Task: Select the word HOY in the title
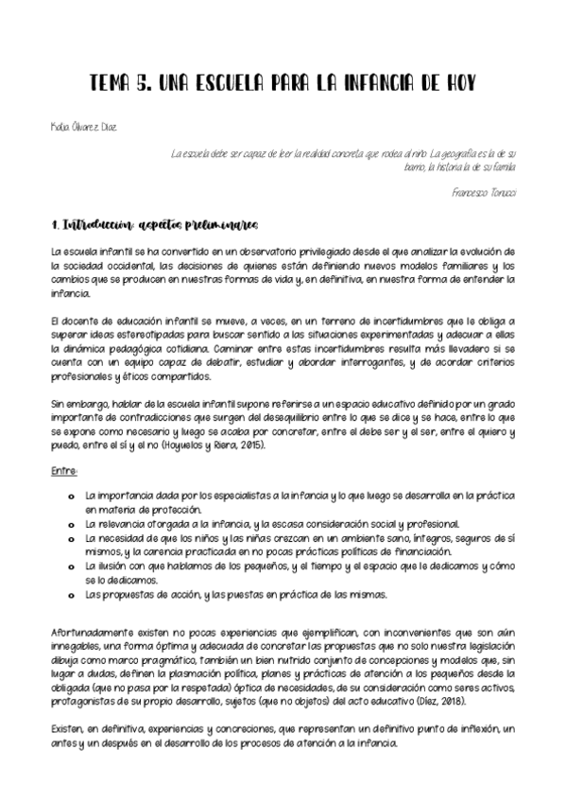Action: (453, 83)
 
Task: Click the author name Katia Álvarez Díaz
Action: (85, 126)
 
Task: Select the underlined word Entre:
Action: (64, 470)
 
